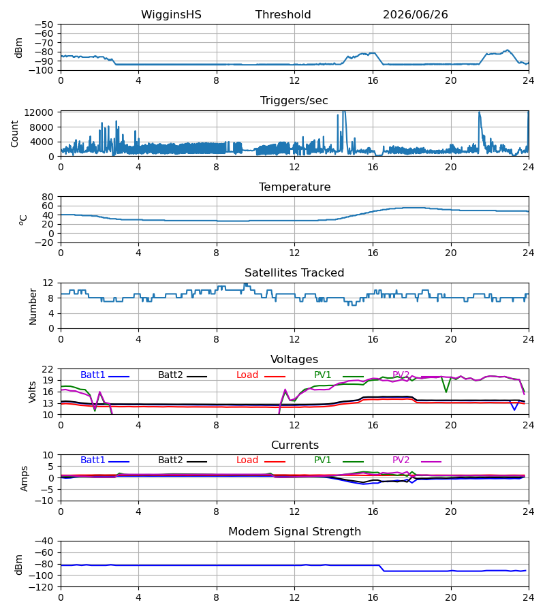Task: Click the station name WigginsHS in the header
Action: pos(171,15)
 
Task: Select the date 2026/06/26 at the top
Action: pos(415,15)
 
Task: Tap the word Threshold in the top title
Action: pos(283,15)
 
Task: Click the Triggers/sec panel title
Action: pos(294,101)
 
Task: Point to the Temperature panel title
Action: pos(294,187)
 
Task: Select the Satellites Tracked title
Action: pos(294,273)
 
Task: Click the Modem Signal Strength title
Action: pos(294,532)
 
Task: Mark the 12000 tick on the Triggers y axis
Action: pos(39,112)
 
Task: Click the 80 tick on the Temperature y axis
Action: pos(48,197)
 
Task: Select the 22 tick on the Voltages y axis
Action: pos(48,369)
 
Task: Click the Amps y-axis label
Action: pos(25,478)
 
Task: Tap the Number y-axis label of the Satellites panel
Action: pos(33,306)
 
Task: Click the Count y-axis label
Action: pos(15,134)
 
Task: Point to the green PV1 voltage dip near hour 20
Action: pos(446,392)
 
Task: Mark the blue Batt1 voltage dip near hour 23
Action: pos(514,409)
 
